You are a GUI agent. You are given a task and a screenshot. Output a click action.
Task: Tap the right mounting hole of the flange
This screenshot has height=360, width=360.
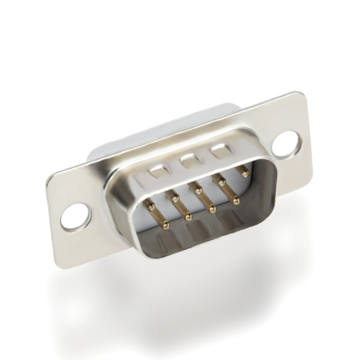[286, 144]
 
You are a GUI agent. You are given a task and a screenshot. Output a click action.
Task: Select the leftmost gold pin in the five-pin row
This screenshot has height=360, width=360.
[151, 206]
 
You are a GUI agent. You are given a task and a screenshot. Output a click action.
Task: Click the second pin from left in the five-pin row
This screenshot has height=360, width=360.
[175, 196]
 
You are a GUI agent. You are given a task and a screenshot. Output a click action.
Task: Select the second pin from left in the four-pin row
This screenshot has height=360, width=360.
[188, 217]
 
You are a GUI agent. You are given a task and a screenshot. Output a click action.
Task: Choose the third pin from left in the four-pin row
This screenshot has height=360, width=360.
[212, 209]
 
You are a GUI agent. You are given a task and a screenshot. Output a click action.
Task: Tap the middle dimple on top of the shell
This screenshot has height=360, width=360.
[188, 160]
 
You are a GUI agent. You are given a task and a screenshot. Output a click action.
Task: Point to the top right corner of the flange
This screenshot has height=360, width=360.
[301, 94]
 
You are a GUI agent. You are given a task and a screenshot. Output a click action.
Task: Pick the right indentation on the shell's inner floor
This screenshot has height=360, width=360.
[231, 219]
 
